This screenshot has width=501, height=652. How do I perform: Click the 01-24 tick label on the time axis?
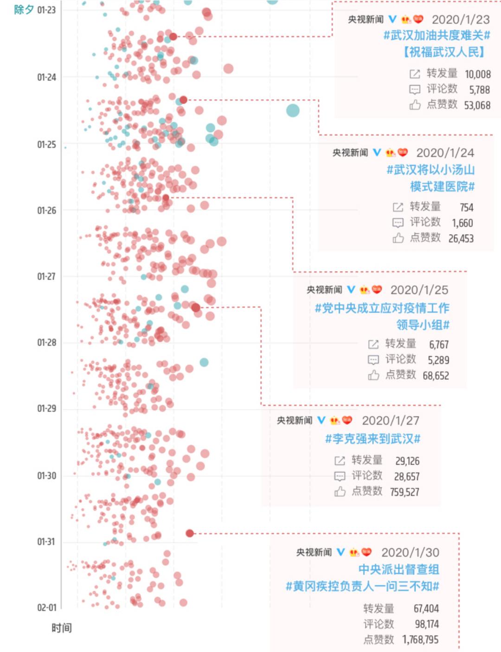click(x=46, y=77)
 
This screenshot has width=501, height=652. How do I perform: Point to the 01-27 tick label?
click(x=46, y=277)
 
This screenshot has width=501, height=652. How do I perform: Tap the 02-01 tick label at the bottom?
click(x=46, y=608)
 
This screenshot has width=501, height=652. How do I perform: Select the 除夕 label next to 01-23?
click(x=24, y=10)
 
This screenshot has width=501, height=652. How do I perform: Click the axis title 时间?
click(x=61, y=628)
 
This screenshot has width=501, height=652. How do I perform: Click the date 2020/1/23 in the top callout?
click(x=460, y=19)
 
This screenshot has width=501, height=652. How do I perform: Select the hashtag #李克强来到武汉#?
click(x=373, y=439)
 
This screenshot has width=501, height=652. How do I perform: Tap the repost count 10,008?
click(x=477, y=74)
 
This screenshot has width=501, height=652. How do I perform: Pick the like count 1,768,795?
click(x=420, y=639)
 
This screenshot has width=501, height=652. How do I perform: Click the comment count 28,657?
click(x=406, y=476)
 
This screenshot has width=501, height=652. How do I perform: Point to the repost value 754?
click(x=466, y=207)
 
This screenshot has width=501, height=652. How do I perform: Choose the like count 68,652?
click(x=436, y=376)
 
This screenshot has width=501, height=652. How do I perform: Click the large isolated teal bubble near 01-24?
click(x=293, y=110)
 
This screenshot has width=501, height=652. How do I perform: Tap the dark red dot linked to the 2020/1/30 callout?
click(x=190, y=533)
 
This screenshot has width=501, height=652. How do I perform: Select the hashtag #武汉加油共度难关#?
click(x=437, y=35)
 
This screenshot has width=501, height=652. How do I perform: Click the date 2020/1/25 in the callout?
click(x=419, y=290)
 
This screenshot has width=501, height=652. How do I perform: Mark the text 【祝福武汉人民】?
click(x=444, y=52)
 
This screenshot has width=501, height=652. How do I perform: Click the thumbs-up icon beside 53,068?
click(x=415, y=105)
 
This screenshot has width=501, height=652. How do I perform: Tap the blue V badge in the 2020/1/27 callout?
click(x=321, y=421)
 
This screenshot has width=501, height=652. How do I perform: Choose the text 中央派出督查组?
click(x=398, y=569)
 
